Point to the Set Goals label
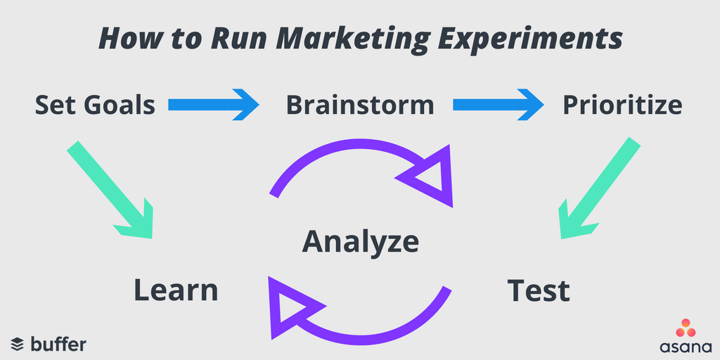click(95, 105)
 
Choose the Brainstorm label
click(359, 105)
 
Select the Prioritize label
click(622, 105)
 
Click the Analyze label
click(360, 241)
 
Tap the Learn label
click(176, 290)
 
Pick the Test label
click(539, 290)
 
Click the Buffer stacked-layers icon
click(18, 345)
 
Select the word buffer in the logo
click(58, 344)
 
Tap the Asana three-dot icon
click(686, 328)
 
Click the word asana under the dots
click(686, 347)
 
